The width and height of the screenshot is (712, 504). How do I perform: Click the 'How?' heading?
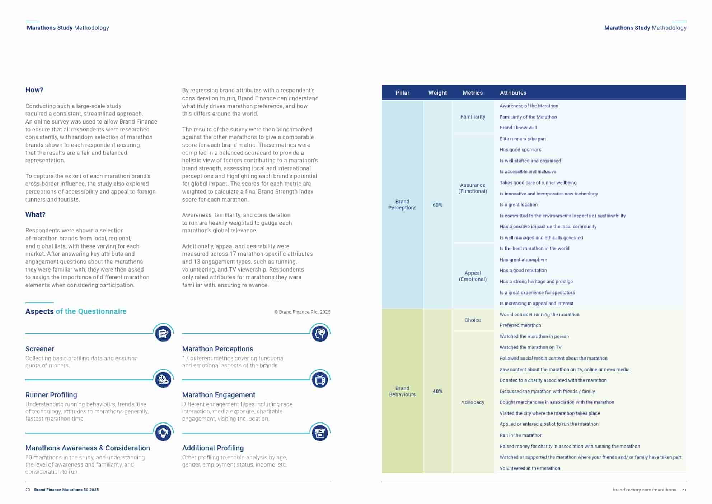coord(34,90)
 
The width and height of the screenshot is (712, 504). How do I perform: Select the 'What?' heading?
coord(35,215)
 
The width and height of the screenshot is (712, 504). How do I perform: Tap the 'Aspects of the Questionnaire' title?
coord(76,311)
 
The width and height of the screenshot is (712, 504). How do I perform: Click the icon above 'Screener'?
coord(163,334)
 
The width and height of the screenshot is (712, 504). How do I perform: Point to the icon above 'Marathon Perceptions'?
coord(320,334)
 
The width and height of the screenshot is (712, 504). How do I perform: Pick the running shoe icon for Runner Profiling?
coord(163,380)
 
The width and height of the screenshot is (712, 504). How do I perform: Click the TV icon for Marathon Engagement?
coord(320,380)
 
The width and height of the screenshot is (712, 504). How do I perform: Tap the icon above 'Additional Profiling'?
coord(320,433)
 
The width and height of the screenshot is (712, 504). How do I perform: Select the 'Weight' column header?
coord(437,93)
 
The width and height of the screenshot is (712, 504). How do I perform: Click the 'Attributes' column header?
coord(513,93)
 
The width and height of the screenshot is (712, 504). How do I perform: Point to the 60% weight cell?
coord(437,205)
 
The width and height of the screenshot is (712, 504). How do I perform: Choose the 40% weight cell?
coord(437,391)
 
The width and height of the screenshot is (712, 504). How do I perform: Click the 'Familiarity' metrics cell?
coord(473,117)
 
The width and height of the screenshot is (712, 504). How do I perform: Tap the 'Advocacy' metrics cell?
coord(473,402)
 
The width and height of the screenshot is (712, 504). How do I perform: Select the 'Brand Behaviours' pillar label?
coord(402,391)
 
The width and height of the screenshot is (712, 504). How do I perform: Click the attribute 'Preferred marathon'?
coord(520,325)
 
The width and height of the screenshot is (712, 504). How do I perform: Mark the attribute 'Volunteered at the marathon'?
coord(530,468)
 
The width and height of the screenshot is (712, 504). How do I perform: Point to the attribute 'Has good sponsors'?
coord(520,150)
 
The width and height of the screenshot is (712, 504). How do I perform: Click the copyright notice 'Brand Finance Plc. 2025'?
coord(302,312)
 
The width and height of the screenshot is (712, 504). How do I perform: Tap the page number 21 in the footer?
coord(684,490)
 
